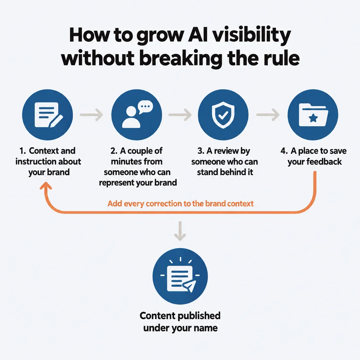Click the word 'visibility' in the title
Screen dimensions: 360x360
point(251,36)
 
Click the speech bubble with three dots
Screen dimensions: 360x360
point(145,107)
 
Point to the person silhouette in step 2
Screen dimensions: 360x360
point(131,117)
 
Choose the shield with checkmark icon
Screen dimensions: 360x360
point(223,115)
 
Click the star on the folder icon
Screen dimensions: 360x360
point(313,118)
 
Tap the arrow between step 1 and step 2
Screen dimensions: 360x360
point(91,115)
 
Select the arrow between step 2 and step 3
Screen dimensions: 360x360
point(180,115)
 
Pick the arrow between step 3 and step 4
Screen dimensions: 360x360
point(268,115)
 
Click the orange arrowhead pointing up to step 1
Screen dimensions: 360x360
point(46,186)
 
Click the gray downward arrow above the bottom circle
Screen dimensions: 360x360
point(180,231)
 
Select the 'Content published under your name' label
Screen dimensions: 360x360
point(180,322)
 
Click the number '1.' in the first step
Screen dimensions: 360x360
point(22,151)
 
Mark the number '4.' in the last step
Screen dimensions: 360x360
point(284,151)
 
